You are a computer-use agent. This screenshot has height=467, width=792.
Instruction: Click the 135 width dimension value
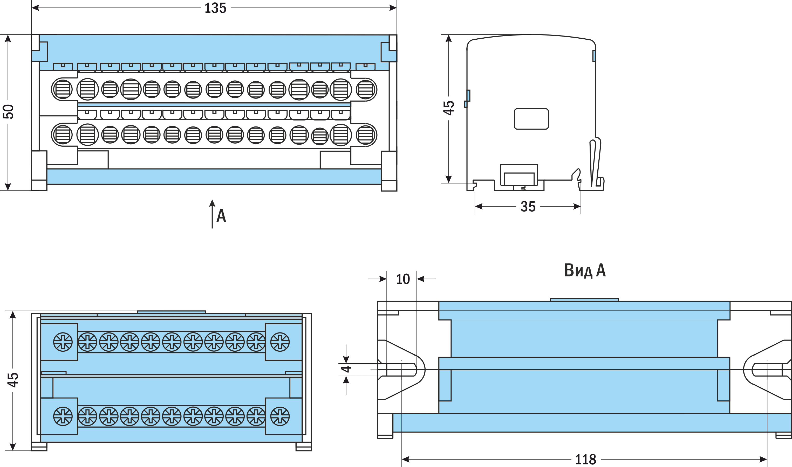coord(215,8)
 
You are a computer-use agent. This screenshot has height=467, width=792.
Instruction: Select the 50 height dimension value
coord(8,112)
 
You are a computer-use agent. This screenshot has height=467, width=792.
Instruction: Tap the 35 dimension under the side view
coord(528,207)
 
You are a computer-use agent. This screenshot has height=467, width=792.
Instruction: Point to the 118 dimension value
coord(586,460)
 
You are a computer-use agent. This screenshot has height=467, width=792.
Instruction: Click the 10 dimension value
coord(403,279)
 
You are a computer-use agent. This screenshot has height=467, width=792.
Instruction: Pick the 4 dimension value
coord(346,369)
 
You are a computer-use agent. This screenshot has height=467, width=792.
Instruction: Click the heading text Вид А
coord(585,270)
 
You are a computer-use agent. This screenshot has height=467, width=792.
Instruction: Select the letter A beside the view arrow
coord(221,216)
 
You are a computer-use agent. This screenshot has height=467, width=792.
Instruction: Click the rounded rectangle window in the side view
coord(531,119)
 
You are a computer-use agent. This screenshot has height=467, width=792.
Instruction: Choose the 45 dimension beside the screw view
coord(13,380)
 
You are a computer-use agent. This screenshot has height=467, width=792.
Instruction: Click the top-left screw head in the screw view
coord(63,342)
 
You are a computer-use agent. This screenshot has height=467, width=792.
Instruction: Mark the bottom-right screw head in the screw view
coord(280,416)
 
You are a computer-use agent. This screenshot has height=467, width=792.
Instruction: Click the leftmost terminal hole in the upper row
coord(62,89)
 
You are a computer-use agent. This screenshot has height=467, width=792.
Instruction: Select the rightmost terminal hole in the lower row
coord(366,135)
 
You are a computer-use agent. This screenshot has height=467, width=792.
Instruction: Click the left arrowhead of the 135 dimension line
coord(35,8)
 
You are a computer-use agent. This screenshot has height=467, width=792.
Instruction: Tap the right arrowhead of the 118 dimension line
coord(763,459)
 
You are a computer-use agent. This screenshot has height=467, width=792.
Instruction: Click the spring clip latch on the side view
coord(595,164)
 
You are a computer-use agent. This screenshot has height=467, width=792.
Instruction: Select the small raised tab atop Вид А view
coord(584,300)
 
